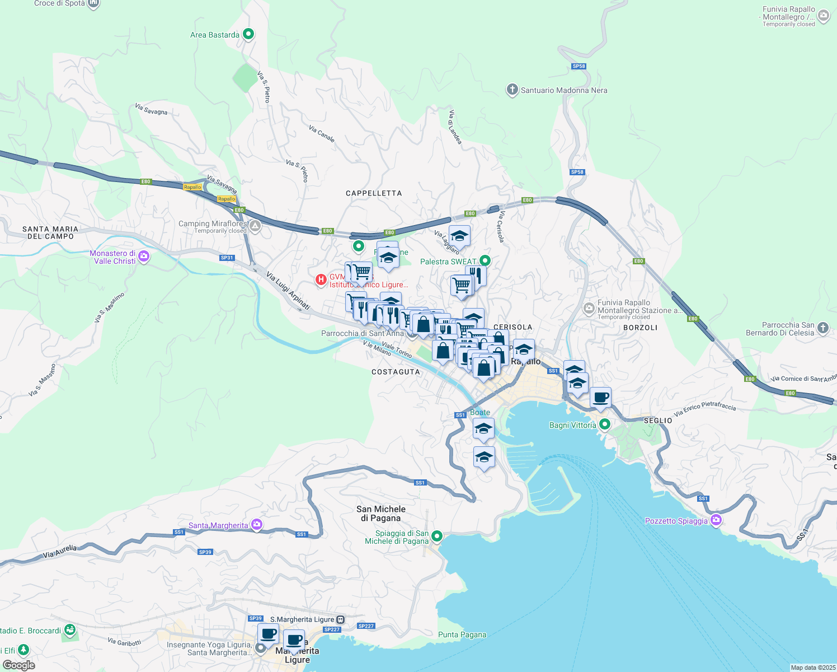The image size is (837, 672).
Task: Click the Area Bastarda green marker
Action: click(248, 34)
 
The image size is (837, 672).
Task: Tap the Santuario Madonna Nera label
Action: click(563, 90)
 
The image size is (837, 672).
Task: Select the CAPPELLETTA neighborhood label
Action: click(374, 193)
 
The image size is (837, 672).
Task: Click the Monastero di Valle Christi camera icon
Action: click(144, 256)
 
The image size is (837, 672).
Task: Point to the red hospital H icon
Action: click(321, 279)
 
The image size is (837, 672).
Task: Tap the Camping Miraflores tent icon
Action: click(255, 227)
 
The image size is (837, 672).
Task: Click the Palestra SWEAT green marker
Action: click(485, 260)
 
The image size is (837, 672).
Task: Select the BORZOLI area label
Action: click(640, 328)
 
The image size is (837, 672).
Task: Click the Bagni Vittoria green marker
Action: click(604, 424)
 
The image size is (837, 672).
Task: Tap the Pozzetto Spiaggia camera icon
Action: click(716, 520)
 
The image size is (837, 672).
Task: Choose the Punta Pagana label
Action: click(462, 634)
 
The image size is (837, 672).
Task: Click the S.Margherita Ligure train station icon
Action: click(340, 619)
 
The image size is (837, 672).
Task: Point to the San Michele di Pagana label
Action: click(381, 513)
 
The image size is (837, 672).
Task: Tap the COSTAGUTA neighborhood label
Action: click(396, 372)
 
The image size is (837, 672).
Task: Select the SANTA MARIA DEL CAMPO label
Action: click(50, 232)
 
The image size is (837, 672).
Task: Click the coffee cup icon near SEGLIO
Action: click(600, 398)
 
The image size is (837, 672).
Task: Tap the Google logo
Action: click(19, 665)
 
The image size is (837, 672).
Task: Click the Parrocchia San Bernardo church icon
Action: click(822, 328)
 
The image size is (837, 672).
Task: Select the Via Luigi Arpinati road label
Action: click(288, 291)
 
